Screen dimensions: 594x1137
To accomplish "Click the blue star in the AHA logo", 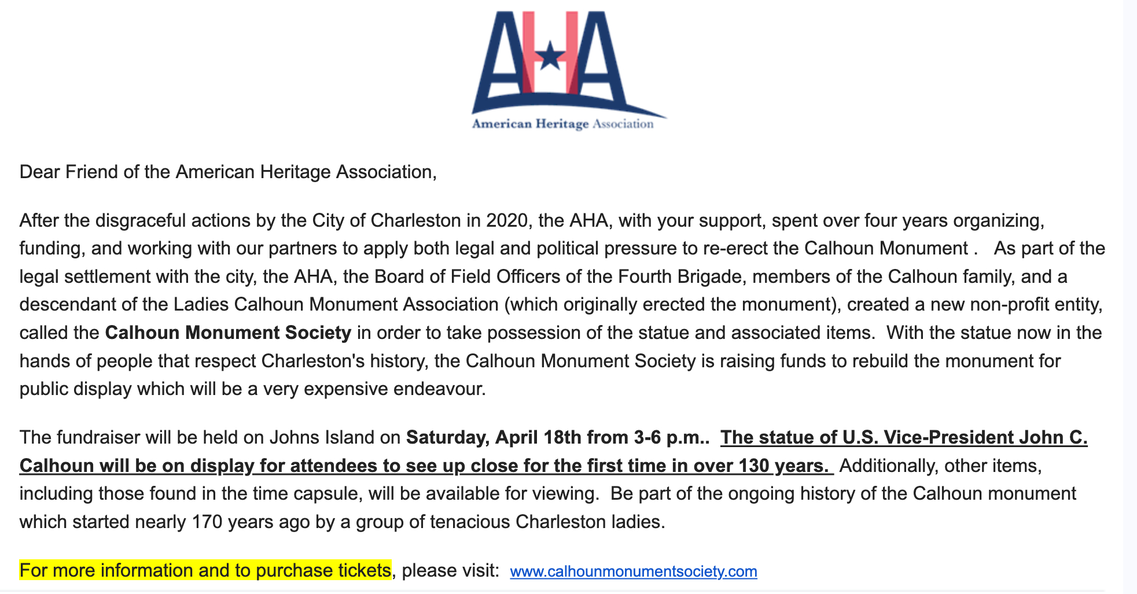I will click(550, 57).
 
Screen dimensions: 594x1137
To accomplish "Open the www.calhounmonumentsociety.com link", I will click(633, 571).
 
